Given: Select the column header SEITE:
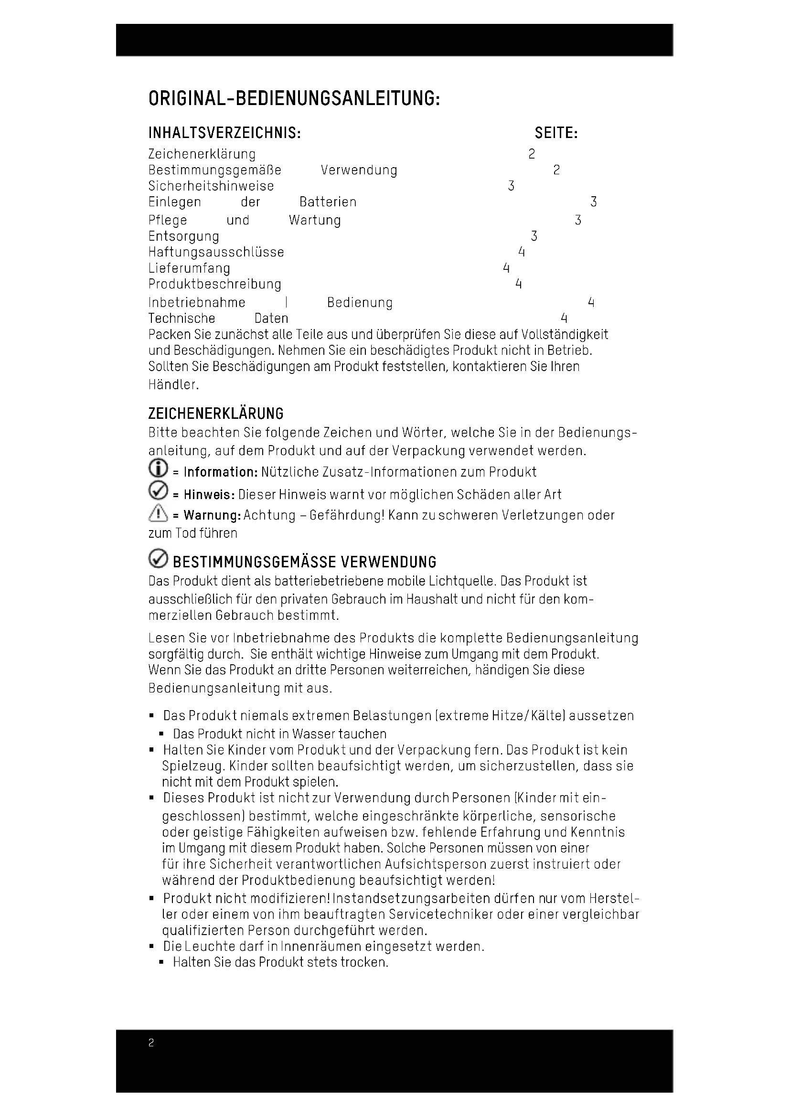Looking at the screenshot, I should click(x=556, y=133).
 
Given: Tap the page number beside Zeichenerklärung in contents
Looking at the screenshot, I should click(x=532, y=154).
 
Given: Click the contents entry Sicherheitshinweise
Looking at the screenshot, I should click(x=211, y=186).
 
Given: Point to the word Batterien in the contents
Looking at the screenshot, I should click(x=328, y=202).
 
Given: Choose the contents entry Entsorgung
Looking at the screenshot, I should click(x=184, y=236).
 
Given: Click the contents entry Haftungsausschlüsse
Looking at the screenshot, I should click(x=216, y=253).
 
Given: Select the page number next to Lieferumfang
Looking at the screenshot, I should click(x=506, y=268).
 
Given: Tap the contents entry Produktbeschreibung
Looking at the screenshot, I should click(x=214, y=285).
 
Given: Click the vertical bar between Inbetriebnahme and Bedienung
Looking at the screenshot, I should click(x=287, y=303).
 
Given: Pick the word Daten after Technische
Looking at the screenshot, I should click(x=271, y=319).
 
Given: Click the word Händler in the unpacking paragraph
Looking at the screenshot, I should click(x=173, y=385).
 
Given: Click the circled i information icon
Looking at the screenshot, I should click(x=158, y=468).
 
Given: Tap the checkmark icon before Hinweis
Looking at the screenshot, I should click(x=158, y=490).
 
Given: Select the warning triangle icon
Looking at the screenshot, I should click(x=158, y=513).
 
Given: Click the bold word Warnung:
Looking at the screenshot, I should click(x=212, y=515).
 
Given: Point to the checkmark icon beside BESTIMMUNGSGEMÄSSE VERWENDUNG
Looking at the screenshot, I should click(x=158, y=559).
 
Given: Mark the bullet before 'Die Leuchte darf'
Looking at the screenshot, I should click(x=152, y=947).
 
